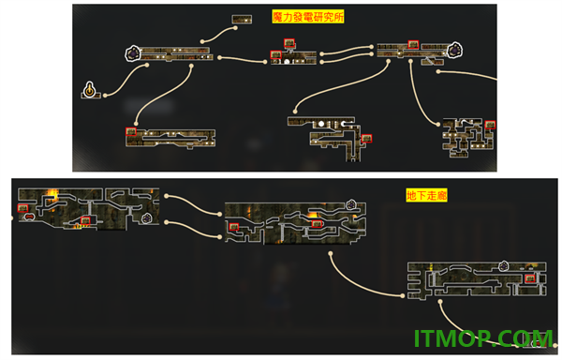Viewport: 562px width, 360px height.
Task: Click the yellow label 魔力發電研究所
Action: coord(308,17)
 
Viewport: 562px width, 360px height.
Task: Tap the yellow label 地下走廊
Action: coord(426,195)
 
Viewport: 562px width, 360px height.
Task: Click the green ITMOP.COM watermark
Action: coord(483,338)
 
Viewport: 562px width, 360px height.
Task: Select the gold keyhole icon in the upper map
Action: coord(90,89)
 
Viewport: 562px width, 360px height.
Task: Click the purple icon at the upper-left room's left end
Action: coord(133,53)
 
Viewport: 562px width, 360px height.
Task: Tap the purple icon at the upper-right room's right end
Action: coord(454,50)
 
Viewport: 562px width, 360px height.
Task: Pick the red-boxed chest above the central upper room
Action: coord(289,43)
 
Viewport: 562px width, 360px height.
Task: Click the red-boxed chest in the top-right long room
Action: coord(413,44)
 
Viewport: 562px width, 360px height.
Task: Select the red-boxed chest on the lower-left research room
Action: coord(131,131)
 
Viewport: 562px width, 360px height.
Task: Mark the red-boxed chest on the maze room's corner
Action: coord(490,125)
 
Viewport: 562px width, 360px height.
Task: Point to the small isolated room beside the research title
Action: coord(242,20)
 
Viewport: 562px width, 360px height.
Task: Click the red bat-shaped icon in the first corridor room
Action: coord(29,217)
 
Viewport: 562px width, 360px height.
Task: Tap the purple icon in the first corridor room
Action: coord(147,217)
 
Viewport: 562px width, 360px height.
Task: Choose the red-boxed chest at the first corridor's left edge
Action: coord(22,208)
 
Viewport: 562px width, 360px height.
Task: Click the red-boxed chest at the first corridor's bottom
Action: coord(85,220)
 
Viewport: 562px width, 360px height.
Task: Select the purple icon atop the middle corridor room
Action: coord(351,204)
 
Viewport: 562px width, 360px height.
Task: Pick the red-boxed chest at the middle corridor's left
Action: coord(234,227)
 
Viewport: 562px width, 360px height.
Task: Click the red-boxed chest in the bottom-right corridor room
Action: coord(530,278)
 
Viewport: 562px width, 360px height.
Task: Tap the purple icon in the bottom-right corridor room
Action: coord(504,266)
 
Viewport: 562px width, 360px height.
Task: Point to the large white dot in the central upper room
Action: coord(288,62)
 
